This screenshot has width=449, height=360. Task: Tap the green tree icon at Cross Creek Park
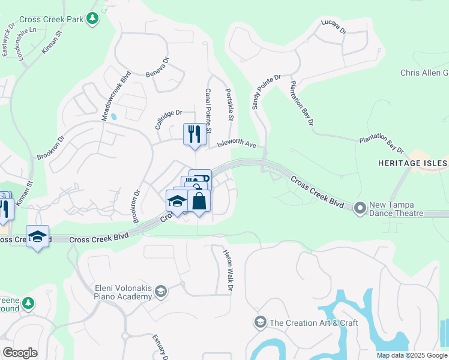point(92,19)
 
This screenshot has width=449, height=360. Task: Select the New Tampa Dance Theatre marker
point(360,208)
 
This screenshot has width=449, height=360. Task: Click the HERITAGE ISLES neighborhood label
point(412,163)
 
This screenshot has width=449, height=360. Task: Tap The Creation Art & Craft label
point(313,323)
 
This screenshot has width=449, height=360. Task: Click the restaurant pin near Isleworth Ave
point(193,134)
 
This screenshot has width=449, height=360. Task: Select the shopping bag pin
point(199,201)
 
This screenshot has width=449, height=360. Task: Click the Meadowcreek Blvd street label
point(108,97)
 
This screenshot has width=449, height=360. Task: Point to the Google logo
point(20,353)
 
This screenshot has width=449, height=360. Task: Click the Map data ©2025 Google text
point(412,355)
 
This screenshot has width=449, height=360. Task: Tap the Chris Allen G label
point(424,73)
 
